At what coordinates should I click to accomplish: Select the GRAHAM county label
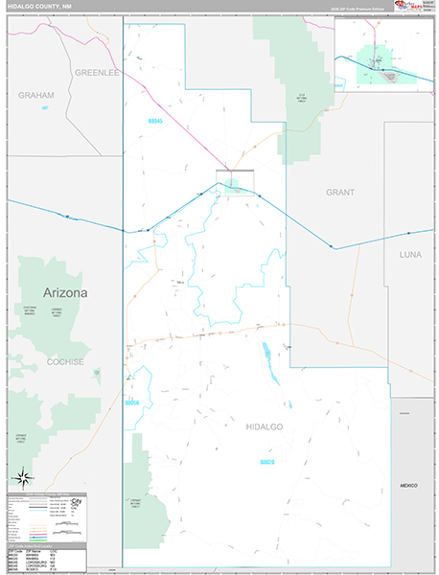click(x=35, y=96)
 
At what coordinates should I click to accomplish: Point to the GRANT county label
click(x=339, y=193)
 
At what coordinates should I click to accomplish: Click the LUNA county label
click(x=410, y=254)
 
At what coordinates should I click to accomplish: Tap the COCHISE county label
click(x=65, y=362)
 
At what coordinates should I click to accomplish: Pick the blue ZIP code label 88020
click(x=268, y=462)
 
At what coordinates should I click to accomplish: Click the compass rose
click(x=24, y=478)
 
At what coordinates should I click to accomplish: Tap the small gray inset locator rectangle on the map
click(x=235, y=182)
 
